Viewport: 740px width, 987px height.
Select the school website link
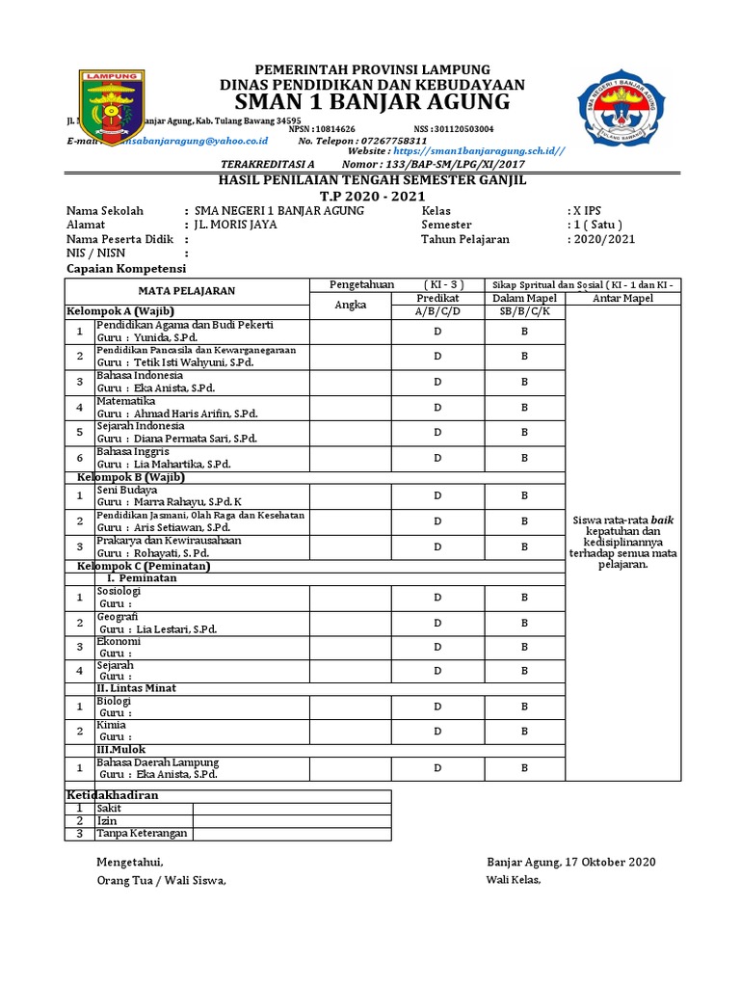(x=478, y=151)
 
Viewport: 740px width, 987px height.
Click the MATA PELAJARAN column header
(x=186, y=291)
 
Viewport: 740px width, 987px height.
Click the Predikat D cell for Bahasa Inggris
(x=437, y=458)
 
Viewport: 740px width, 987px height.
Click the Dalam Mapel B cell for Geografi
(x=525, y=624)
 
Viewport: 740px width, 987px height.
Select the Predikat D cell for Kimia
(x=437, y=731)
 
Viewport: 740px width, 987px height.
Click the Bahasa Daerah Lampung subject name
(x=157, y=762)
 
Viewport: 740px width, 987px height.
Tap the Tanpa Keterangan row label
(x=142, y=834)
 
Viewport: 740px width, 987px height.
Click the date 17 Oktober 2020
(x=606, y=861)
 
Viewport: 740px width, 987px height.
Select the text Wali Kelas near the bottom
(x=515, y=880)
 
